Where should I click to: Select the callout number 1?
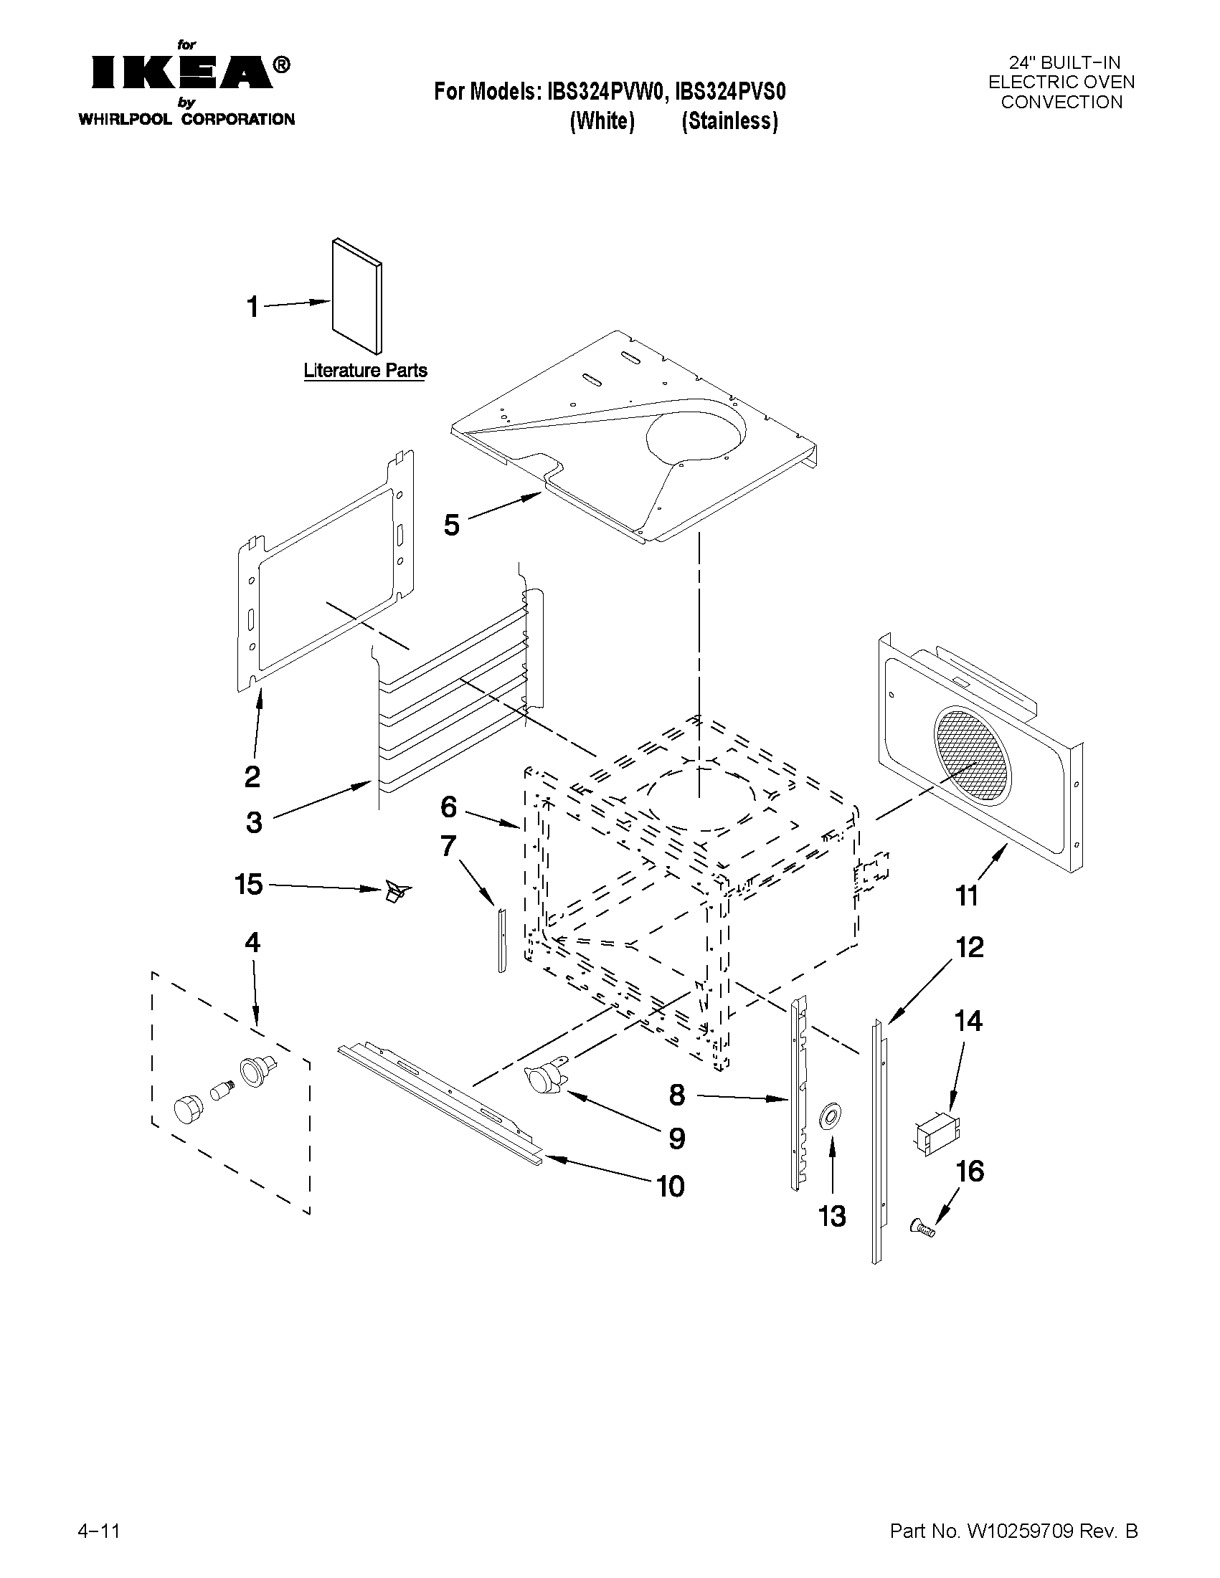252,307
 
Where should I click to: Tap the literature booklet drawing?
358,296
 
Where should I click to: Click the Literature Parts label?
365,371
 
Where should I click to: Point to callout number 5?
452,526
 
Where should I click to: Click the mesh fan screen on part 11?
972,755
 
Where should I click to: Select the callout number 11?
966,896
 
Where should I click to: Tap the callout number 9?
676,1139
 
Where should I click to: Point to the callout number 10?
670,1187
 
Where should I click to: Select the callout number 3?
254,822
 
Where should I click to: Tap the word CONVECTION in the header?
1061,103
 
